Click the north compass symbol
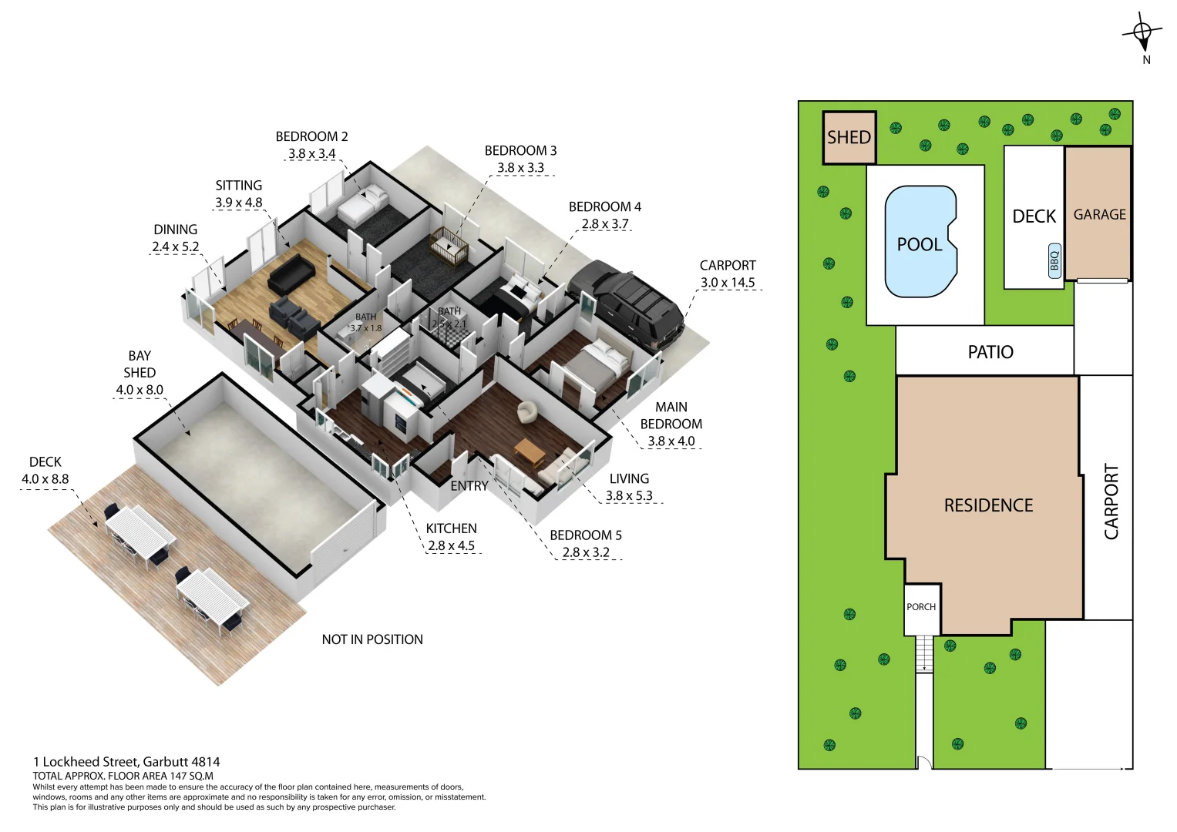click(1142, 32)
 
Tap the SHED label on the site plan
click(849, 137)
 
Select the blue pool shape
click(920, 242)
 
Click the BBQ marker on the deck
click(1054, 260)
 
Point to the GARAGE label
click(1099, 215)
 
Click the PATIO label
click(990, 352)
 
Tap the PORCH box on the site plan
click(921, 607)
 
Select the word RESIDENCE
click(988, 505)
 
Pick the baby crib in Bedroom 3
click(449, 246)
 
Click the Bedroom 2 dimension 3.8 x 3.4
click(311, 153)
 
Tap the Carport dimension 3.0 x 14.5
click(727, 283)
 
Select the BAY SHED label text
click(140, 364)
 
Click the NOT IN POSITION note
click(372, 639)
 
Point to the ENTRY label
click(469, 486)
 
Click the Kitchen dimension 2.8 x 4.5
click(451, 545)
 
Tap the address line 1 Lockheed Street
click(126, 762)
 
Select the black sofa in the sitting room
click(291, 273)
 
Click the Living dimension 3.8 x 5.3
click(628, 495)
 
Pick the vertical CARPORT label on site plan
click(1111, 501)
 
